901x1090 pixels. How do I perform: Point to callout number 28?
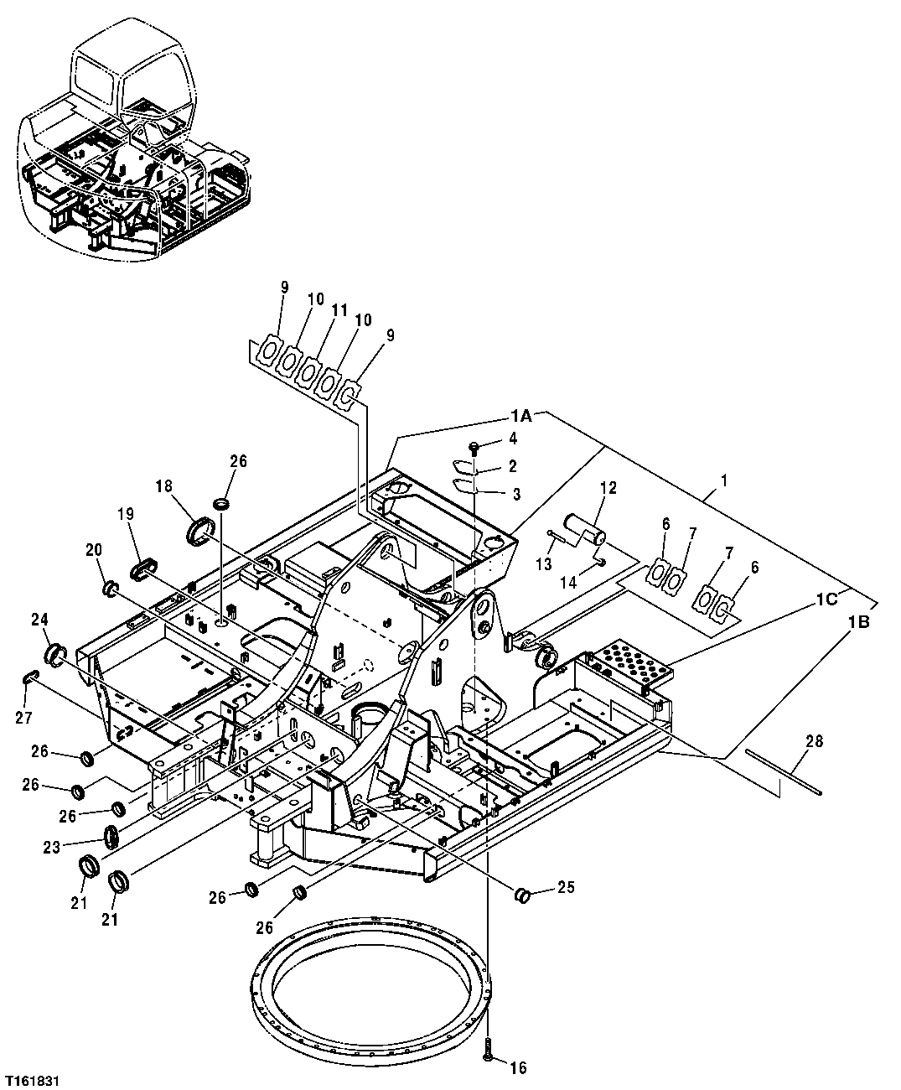[813, 741]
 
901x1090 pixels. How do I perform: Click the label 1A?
[520, 415]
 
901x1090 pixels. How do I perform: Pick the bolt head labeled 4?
[474, 446]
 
